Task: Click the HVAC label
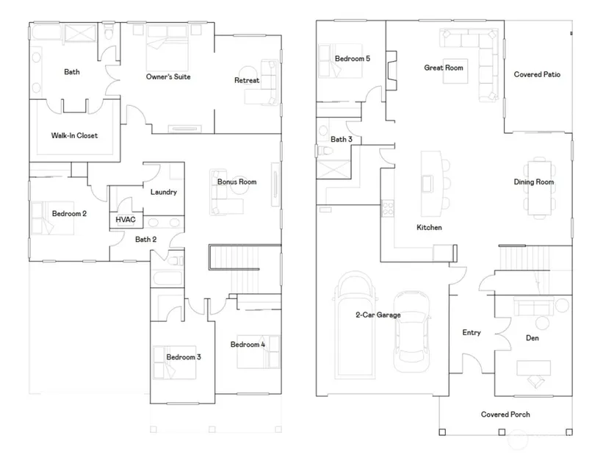click(126, 220)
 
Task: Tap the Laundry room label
click(164, 192)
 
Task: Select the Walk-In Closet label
click(75, 135)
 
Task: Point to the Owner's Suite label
click(168, 76)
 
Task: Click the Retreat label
click(247, 80)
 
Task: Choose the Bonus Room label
click(237, 182)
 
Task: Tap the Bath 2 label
click(145, 240)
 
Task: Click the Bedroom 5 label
click(353, 59)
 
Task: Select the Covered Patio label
click(537, 74)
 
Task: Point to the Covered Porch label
click(505, 415)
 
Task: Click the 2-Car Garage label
click(378, 315)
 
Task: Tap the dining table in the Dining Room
click(539, 187)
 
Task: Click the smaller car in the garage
click(412, 332)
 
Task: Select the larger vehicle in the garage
click(354, 323)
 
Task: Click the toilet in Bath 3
click(325, 151)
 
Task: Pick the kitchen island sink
click(427, 183)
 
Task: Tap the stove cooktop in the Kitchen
click(388, 208)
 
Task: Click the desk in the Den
click(533, 368)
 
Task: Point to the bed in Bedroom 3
click(174, 362)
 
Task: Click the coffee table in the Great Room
click(455, 71)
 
